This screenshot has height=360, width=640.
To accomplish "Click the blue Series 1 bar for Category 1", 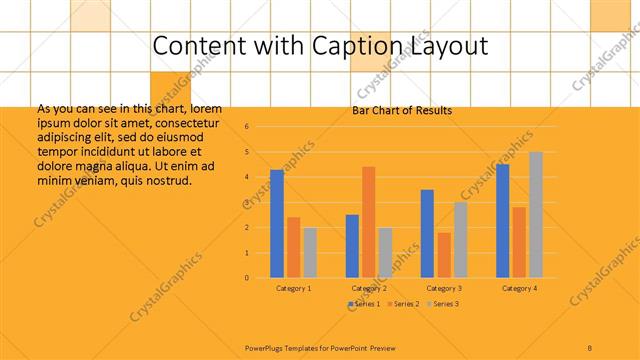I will pos(277,223).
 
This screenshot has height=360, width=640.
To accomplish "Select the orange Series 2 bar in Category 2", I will pos(368,222).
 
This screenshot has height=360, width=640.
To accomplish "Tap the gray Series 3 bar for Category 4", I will pos(536,214).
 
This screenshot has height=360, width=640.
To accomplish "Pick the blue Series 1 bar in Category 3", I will pos(427,233).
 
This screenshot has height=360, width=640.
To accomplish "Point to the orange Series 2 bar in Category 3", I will pos(443,255).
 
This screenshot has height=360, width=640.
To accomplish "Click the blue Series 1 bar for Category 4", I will pos(502,221).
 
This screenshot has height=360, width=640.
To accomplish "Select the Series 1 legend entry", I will pos(363,303).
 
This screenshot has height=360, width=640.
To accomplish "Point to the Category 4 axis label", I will pos(519,288).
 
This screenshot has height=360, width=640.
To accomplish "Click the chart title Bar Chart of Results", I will pos(402,110).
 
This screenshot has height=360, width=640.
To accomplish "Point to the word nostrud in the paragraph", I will pos(165,180).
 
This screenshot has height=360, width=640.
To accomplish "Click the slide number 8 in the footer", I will pos(590,347).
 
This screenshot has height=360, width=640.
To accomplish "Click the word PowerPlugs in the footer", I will pos(268,347).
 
